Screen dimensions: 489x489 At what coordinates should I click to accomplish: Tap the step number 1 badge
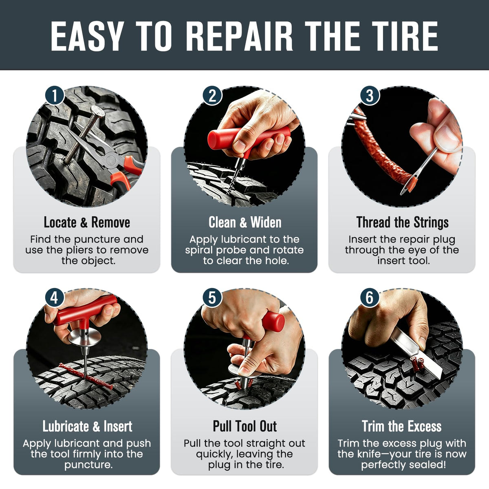(x=55, y=96)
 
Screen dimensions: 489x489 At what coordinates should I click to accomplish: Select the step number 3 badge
(x=370, y=96)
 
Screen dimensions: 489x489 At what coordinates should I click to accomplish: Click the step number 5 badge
(x=212, y=297)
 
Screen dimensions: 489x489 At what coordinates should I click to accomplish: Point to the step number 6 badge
(x=370, y=297)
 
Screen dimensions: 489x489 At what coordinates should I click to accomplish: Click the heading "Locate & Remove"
(x=87, y=222)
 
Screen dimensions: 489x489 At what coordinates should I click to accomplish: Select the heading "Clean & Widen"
(x=245, y=222)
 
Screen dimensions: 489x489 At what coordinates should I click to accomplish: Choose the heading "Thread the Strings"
(x=403, y=222)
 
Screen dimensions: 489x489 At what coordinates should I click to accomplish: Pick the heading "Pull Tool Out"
(x=245, y=426)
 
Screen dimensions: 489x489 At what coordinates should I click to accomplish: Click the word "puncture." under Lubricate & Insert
(x=88, y=465)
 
